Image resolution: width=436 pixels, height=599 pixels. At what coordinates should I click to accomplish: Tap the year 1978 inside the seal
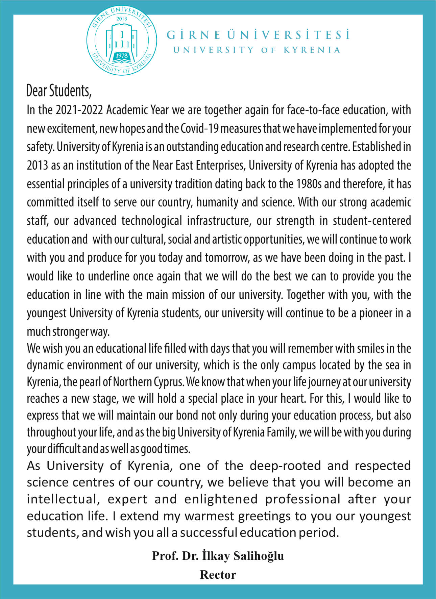[x=121, y=55]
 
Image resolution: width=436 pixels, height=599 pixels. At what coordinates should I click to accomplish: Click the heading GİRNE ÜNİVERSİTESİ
[x=258, y=35]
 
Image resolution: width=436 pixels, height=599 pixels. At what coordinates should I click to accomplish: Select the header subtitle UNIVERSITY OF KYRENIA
[x=257, y=50]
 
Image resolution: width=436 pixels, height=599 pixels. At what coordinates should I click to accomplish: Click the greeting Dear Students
[x=58, y=91]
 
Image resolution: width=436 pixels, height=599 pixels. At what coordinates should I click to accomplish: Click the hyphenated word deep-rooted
[x=285, y=466]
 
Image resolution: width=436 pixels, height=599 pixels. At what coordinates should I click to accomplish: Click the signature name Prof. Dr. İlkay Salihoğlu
[x=218, y=555]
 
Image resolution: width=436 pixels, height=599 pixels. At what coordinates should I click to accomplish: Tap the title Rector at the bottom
[x=218, y=574]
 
